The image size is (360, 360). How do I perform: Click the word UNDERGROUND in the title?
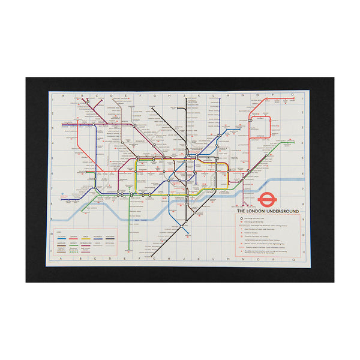pyautogui.click(x=278, y=212)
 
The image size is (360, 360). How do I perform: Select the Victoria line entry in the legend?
pyautogui.click(x=61, y=238)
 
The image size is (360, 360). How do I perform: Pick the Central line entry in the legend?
pyautogui.click(x=74, y=238)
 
